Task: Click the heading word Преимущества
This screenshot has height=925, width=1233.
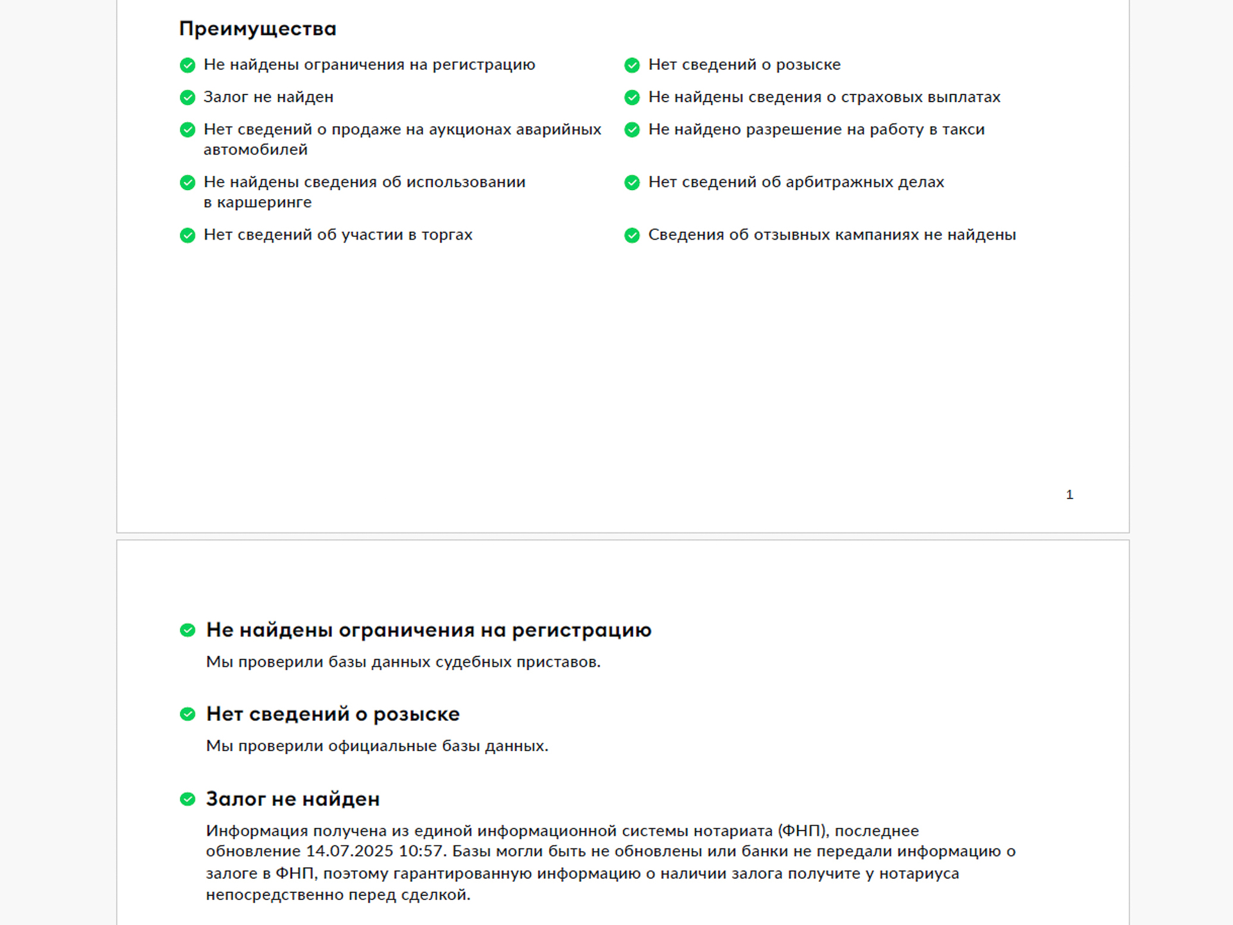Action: click(258, 29)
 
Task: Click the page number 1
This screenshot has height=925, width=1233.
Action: click(1069, 495)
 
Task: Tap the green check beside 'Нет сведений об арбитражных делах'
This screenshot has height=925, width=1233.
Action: click(632, 182)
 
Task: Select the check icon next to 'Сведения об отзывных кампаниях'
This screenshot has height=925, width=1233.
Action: click(632, 235)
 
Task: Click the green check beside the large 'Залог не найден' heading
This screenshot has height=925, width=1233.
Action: click(188, 799)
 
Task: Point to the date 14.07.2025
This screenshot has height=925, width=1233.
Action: click(349, 852)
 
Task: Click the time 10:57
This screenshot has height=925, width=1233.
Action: click(421, 852)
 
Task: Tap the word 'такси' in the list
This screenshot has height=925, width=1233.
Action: click(963, 130)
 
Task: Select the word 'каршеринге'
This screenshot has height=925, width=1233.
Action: click(265, 203)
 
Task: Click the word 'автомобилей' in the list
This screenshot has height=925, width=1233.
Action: click(256, 150)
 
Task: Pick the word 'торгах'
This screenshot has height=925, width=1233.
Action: click(447, 235)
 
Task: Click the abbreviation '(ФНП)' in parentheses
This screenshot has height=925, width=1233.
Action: click(803, 831)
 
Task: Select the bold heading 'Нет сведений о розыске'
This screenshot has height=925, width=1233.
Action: click(333, 714)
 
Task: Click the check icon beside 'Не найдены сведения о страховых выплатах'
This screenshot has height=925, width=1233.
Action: click(632, 98)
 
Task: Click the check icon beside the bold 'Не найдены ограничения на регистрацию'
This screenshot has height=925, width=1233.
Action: click(188, 630)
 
